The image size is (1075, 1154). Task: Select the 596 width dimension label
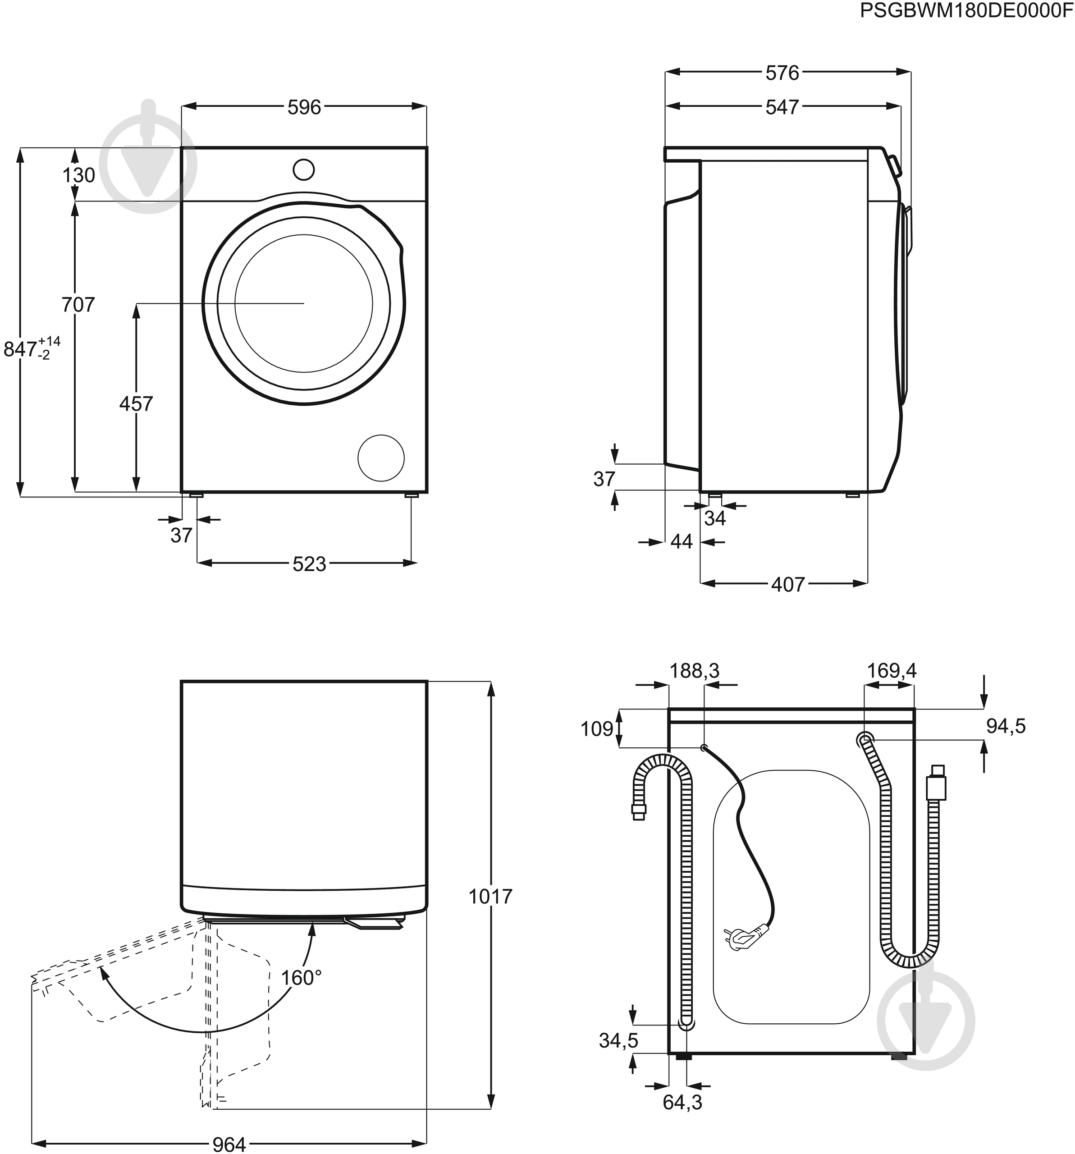(304, 107)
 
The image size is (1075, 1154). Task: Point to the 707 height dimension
(78, 304)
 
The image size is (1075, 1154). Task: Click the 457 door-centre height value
(136, 403)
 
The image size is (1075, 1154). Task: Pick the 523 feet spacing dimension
(309, 563)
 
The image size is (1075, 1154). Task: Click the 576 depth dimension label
(782, 73)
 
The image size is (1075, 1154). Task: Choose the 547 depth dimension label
(782, 107)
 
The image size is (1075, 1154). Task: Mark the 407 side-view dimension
(788, 585)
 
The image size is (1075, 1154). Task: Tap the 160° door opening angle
(301, 978)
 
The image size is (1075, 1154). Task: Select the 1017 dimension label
(490, 897)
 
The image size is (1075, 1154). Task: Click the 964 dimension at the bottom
(229, 1144)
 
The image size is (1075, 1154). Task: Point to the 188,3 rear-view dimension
(694, 671)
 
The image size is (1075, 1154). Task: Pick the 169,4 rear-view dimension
(892, 671)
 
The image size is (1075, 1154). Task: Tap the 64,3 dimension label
(682, 1119)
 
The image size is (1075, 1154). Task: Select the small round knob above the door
(304, 170)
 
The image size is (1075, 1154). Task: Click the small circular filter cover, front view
(381, 458)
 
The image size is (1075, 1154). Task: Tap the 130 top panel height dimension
(79, 175)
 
